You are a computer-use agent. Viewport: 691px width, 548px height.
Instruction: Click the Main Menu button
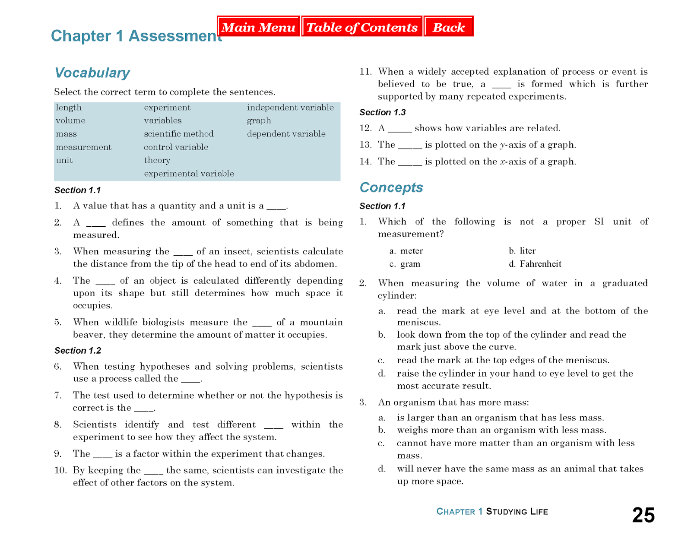pos(258,27)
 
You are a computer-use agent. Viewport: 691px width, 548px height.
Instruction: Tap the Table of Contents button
pos(362,27)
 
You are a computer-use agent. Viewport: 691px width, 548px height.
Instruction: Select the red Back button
pos(449,27)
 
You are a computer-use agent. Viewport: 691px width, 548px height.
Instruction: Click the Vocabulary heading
pos(92,73)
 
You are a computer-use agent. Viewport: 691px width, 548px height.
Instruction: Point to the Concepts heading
pos(391,187)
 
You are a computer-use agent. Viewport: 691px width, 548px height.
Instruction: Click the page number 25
pos(643,515)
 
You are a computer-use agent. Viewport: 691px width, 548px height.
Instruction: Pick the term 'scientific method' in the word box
pos(179,134)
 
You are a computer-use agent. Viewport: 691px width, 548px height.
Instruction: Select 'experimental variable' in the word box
pos(189,174)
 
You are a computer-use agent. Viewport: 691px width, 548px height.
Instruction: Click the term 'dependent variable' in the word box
pos(286,134)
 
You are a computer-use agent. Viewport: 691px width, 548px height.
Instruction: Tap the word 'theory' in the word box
pos(157,160)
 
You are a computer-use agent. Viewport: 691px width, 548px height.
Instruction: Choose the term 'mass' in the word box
pos(66,134)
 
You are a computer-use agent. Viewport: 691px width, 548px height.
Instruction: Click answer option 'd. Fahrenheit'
pos(536,264)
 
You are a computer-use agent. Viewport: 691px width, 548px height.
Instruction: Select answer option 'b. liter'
pos(523,251)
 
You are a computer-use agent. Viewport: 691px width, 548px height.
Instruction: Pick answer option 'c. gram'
pos(405,264)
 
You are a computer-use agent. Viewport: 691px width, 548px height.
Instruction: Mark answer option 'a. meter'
pos(406,251)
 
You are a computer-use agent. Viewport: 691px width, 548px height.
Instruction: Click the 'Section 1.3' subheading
pos(383,112)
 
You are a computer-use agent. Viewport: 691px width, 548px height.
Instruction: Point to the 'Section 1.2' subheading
pos(78,351)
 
